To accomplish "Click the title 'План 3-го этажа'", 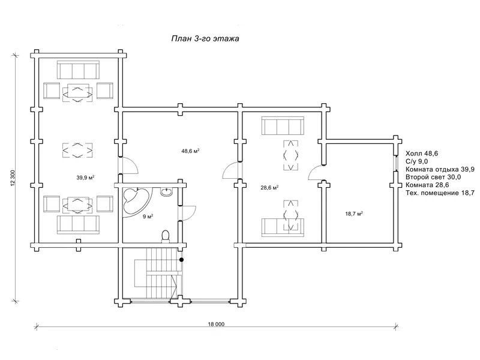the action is [x=205, y=39].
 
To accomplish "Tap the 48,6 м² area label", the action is [x=190, y=151].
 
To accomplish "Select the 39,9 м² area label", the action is [x=85, y=178].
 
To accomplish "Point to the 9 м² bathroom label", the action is [x=148, y=217].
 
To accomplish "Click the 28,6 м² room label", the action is [x=269, y=188].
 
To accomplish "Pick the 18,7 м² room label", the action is [x=354, y=214].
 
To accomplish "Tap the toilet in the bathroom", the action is [x=166, y=236].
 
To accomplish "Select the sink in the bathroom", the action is [x=167, y=191].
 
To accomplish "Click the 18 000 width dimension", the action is [x=216, y=324].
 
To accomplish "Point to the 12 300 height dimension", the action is [x=13, y=178].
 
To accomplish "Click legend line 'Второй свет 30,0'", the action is [x=433, y=177].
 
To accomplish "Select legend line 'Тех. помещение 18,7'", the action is [x=440, y=193].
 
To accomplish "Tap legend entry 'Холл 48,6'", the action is [x=422, y=154].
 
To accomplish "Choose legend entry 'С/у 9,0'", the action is [x=416, y=161].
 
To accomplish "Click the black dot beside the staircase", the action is [x=182, y=260].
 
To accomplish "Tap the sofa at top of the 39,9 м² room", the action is [x=78, y=70].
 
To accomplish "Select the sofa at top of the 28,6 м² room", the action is [x=283, y=125].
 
